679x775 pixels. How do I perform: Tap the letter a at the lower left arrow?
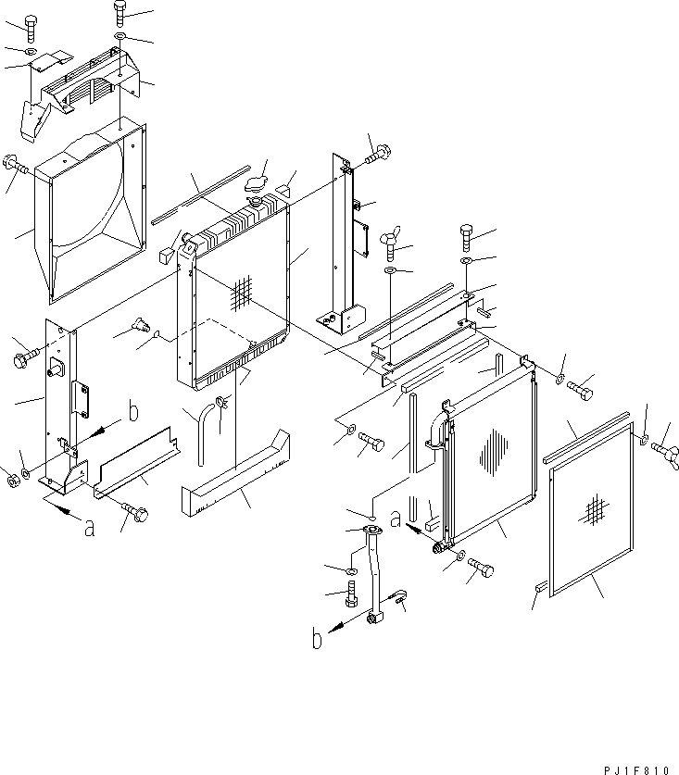pos(89,530)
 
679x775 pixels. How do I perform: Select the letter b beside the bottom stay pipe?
pos(317,639)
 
